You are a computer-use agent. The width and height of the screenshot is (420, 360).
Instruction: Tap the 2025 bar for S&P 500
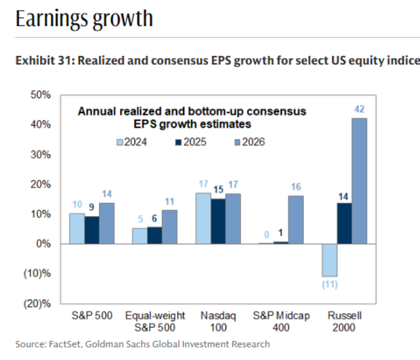pyautogui.click(x=93, y=230)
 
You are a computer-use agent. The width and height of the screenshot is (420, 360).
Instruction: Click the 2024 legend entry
pyautogui.click(x=132, y=141)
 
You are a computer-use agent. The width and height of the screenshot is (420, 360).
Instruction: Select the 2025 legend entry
pyautogui.click(x=192, y=141)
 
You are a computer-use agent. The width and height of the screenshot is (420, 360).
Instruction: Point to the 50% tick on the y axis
pyautogui.click(x=41, y=95)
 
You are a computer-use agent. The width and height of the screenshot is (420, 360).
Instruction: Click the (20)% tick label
pyautogui.click(x=39, y=304)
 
